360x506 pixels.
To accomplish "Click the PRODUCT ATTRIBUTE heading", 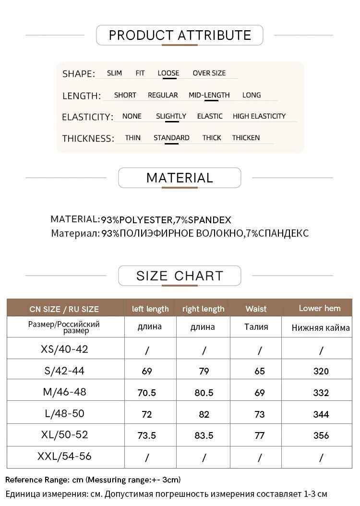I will (180, 35).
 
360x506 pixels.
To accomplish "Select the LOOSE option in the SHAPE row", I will (168, 73).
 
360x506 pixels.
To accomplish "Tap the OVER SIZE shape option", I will (209, 73).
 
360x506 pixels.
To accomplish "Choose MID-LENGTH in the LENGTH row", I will (209, 95).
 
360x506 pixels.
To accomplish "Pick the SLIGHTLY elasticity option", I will (171, 116).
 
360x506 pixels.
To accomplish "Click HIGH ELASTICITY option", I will (259, 116).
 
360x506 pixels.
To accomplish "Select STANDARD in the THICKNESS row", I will (171, 138).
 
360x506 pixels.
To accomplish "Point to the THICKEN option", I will (246, 138).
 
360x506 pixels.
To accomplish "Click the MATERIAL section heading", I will (180, 178).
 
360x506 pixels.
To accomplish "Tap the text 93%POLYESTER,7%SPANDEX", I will (166, 220).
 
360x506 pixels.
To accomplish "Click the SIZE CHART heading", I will (180, 276).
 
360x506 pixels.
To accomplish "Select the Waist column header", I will (256, 309).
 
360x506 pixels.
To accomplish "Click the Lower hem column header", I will (320, 308).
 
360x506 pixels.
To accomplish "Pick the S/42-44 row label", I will (65, 370).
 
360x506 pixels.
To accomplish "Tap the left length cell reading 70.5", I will (147, 393).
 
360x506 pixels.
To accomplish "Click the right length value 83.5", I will (204, 435).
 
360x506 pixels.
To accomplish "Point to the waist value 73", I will (260, 414).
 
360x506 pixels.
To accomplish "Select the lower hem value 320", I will (321, 371).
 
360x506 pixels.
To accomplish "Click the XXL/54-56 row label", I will (65, 456).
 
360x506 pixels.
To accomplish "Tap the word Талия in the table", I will (256, 327).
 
